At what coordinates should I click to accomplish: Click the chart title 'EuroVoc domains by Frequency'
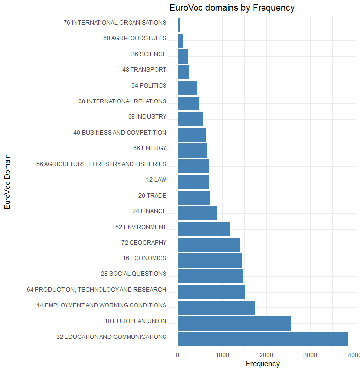pyautogui.click(x=231, y=8)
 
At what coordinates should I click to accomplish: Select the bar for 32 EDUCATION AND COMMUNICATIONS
pyautogui.click(x=262, y=339)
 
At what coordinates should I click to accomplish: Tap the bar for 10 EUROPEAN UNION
pyautogui.click(x=234, y=323)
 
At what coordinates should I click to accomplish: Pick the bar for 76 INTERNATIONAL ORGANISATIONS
pyautogui.click(x=179, y=24)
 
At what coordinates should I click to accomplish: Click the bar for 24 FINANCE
pyautogui.click(x=197, y=213)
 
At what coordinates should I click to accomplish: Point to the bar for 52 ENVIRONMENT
pyautogui.click(x=203, y=229)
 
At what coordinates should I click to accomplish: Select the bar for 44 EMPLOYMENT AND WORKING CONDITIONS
pyautogui.click(x=216, y=307)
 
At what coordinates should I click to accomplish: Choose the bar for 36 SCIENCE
pyautogui.click(x=183, y=56)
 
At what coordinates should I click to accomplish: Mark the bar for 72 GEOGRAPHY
pyautogui.click(x=208, y=244)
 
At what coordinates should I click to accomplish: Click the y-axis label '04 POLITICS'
pyautogui.click(x=149, y=86)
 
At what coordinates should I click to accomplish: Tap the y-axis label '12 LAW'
pyautogui.click(x=156, y=180)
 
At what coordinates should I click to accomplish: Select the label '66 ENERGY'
pyautogui.click(x=150, y=148)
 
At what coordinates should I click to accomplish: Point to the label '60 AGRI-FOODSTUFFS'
pyautogui.click(x=135, y=38)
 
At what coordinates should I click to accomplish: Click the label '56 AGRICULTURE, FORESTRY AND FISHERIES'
pyautogui.click(x=101, y=164)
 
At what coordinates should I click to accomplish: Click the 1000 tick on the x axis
pyautogui.click(x=222, y=355)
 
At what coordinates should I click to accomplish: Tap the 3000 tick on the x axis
pyautogui.click(x=310, y=355)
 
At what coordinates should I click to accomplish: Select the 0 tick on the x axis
pyautogui.click(x=178, y=355)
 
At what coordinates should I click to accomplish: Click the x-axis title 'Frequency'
pyautogui.click(x=262, y=364)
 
